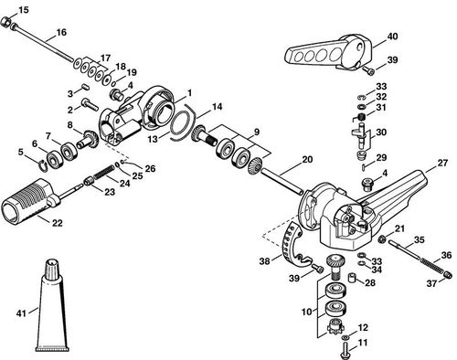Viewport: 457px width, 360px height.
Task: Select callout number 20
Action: point(306,160)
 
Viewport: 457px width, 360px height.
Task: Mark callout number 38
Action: point(264,261)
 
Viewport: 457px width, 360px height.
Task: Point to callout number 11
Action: point(362,343)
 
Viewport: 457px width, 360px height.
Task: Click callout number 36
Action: point(446,255)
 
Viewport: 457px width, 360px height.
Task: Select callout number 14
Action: point(217,108)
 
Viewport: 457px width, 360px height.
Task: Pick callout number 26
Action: point(151,168)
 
